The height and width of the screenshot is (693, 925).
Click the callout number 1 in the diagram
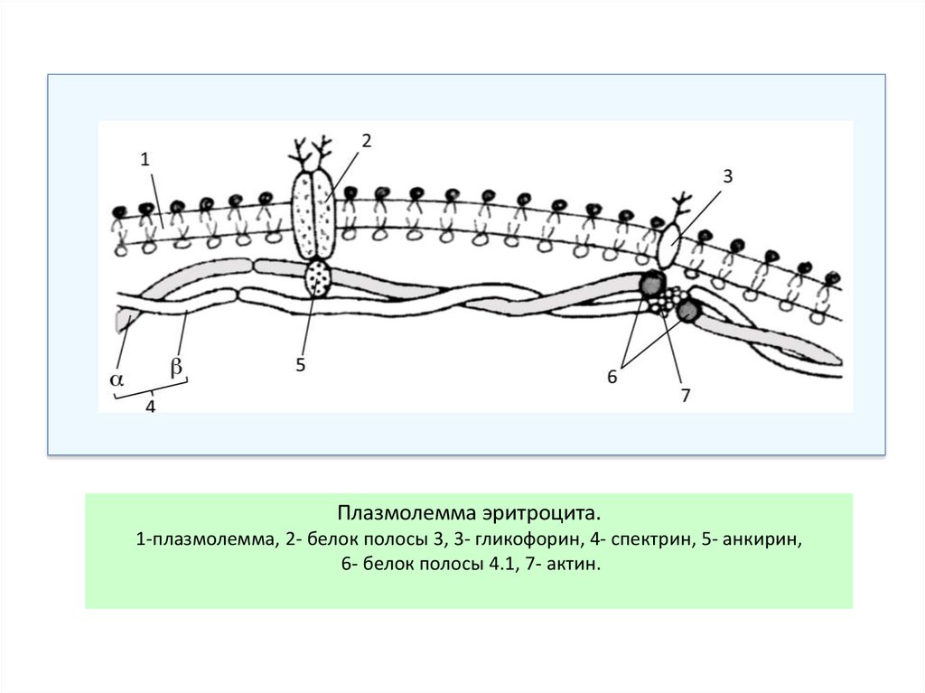click(145, 159)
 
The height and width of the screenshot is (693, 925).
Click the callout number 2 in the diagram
click(366, 140)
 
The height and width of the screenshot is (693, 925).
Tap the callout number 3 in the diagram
click(727, 177)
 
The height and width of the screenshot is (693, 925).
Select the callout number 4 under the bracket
click(151, 407)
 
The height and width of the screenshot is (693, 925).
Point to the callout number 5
click(302, 365)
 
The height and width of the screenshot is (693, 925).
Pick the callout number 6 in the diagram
click(612, 377)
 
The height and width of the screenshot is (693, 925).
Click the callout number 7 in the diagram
click(686, 394)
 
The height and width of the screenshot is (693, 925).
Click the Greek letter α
click(117, 379)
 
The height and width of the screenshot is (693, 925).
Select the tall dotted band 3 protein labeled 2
click(313, 217)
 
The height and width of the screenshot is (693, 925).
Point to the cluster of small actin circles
click(666, 300)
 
